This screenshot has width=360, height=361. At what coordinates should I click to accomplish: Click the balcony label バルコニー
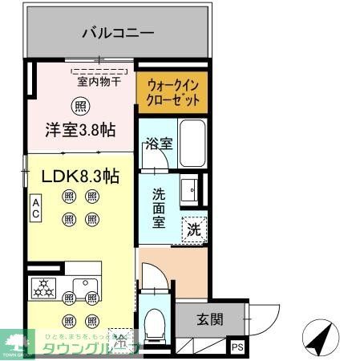[118, 34]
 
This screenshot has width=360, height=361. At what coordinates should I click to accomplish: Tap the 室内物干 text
[99, 80]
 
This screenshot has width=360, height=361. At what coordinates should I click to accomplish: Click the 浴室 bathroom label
[158, 145]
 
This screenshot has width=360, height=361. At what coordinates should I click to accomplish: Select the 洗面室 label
[159, 207]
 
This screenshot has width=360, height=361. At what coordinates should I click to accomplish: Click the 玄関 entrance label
[210, 320]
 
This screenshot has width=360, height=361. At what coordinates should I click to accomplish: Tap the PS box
[237, 347]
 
